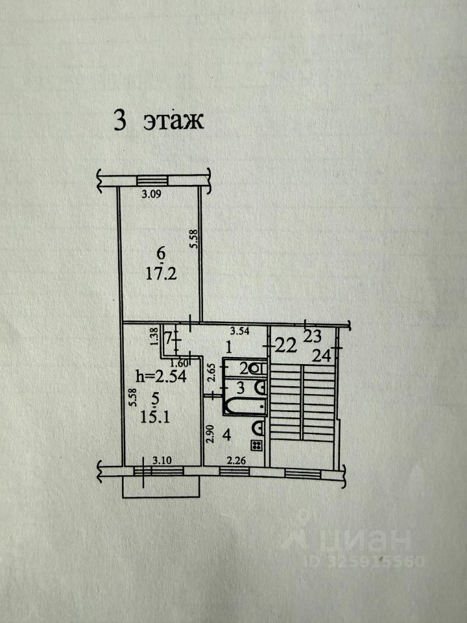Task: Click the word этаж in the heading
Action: pos(174,121)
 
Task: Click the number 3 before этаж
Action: pos(119,121)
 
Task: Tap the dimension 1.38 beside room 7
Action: pos(154,338)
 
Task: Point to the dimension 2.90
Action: pos(210,433)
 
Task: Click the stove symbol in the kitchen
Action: pos(257,445)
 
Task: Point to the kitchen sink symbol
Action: pos(258,428)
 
